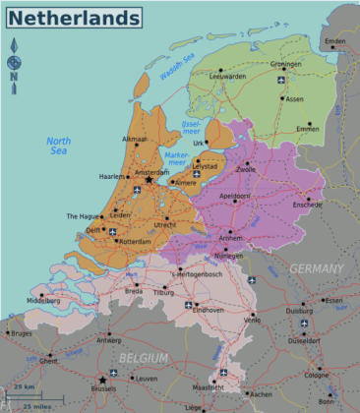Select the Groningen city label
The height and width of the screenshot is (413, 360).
[285, 64]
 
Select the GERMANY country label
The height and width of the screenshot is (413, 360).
[316, 268]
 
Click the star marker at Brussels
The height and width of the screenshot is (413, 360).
[101, 380]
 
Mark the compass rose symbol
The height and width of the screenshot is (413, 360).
[14, 64]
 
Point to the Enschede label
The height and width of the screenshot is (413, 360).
[308, 205]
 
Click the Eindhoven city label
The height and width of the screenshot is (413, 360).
[209, 310]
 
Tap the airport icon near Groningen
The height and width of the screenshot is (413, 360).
[281, 78]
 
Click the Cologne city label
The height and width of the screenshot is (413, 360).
[317, 375]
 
